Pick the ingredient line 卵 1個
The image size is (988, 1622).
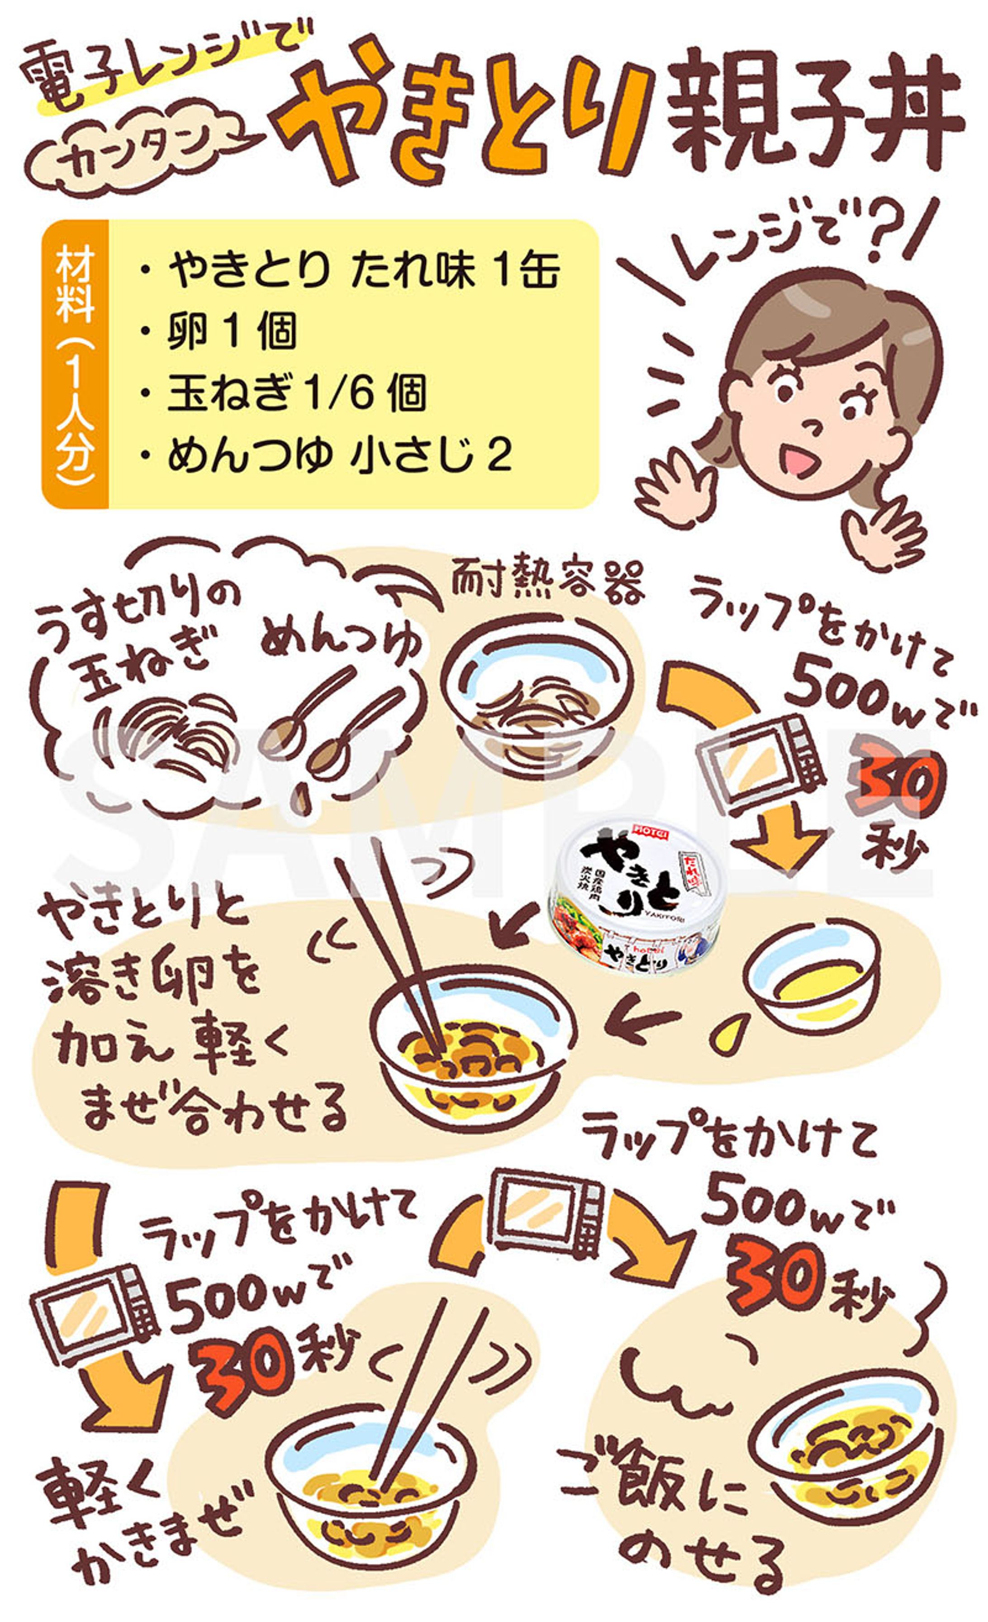point(231,331)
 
